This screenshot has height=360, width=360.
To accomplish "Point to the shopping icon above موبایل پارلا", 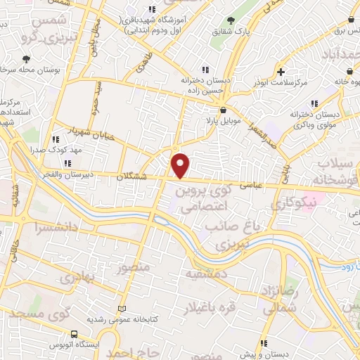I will click(223, 110).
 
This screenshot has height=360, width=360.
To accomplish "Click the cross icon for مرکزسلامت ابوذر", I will click(281, 72).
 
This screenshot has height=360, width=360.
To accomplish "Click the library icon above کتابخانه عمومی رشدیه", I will click(124, 308).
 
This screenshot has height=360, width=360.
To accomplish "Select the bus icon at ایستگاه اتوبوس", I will click(75, 334).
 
